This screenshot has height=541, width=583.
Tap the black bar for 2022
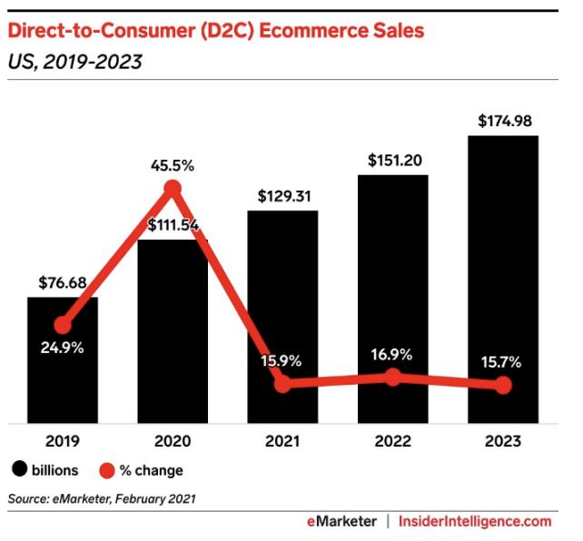click(x=392, y=272)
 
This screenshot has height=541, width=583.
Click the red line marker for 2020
click(x=173, y=188)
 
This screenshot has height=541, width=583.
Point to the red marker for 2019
click(x=62, y=325)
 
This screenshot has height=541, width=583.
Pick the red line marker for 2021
click(x=282, y=383)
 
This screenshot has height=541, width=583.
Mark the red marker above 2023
click(x=503, y=385)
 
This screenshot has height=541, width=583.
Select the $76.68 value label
click(x=62, y=282)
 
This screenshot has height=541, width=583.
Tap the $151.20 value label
click(x=392, y=160)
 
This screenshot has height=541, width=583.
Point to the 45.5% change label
click(x=173, y=165)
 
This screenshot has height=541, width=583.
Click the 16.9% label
click(x=392, y=353)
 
